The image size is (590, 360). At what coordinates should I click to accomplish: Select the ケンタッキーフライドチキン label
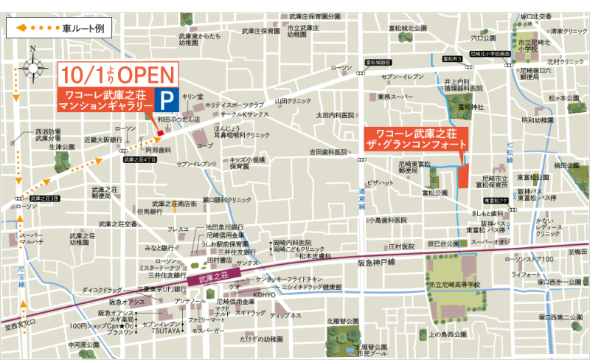(x=289, y=279)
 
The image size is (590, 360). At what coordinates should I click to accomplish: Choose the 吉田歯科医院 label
(x=328, y=153)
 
